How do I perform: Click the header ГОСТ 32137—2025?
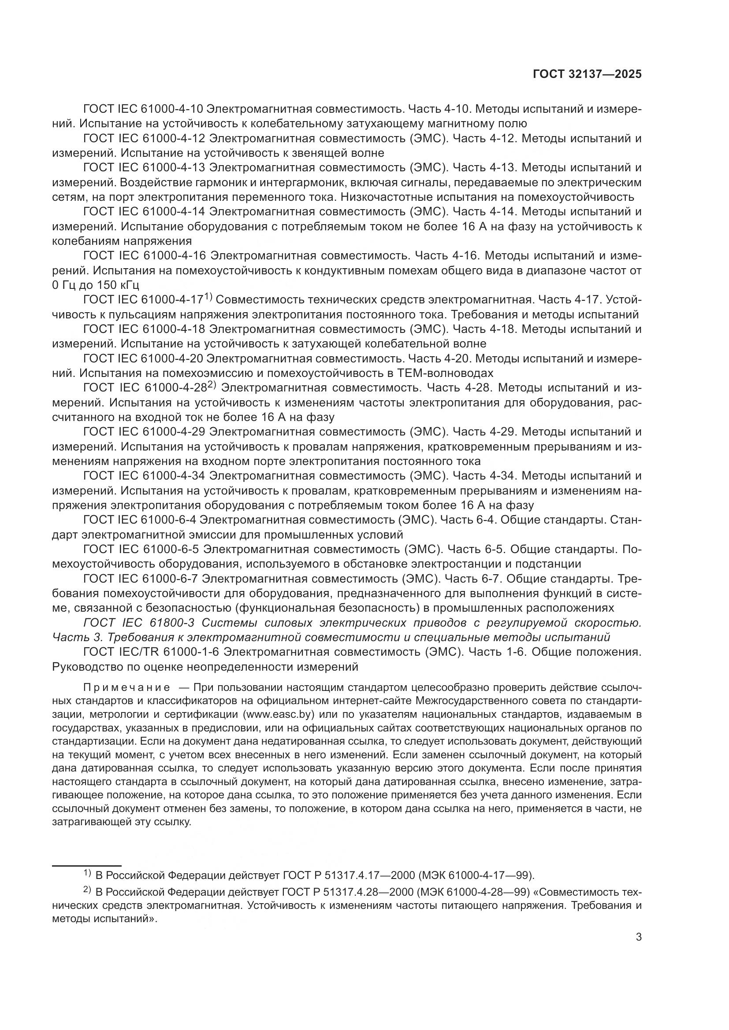587,74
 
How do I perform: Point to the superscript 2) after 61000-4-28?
212,385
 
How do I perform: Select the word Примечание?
126,688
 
